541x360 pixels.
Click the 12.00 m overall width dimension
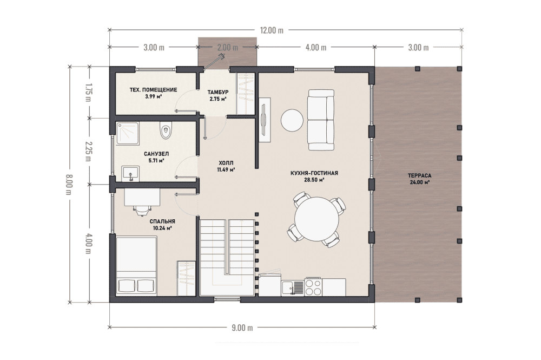pos(272,30)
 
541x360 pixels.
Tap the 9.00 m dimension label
pos(242,328)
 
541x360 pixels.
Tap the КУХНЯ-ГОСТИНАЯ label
pos(314,173)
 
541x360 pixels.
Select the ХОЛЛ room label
pos(226,163)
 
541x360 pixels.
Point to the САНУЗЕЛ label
pos(156,154)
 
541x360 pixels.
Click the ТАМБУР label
pos(217,92)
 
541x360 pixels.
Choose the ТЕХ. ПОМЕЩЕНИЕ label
pos(153,90)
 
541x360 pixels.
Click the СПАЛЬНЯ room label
pos(162,221)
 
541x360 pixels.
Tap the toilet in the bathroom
pos(166,131)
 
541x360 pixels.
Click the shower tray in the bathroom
pos(127,133)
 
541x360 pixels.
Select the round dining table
pos(317,219)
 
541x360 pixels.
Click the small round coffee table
pos(292,121)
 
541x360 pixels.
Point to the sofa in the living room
pos(321,120)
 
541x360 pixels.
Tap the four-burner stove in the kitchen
pos(313,287)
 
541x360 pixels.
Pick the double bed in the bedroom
pos(137,265)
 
